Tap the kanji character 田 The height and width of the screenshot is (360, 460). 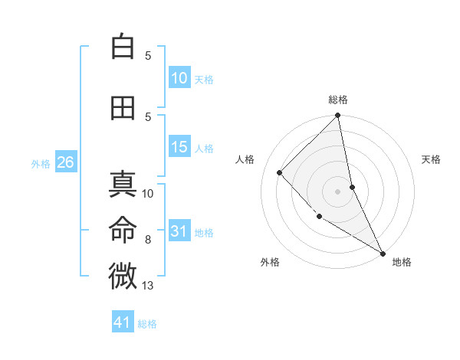click(123, 108)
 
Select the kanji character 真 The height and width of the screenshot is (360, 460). click(123, 185)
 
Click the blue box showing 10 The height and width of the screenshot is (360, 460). click(179, 78)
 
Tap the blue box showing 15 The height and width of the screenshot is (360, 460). click(179, 147)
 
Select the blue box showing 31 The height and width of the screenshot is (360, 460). click(179, 231)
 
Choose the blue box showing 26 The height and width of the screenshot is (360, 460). click(65, 162)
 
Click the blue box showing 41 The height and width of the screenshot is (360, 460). click(123, 322)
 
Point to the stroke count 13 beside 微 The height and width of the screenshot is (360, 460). click(149, 286)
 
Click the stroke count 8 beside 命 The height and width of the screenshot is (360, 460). click(148, 240)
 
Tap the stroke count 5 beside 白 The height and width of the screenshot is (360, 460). click(148, 56)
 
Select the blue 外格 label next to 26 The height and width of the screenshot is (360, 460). click(41, 163)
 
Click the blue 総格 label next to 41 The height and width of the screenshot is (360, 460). click(147, 324)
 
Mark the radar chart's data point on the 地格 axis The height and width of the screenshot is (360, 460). click(383, 253)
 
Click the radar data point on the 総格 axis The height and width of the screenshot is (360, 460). click(338, 116)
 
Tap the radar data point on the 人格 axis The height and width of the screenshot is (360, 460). click(280, 172)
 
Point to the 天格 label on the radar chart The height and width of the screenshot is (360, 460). click(432, 159)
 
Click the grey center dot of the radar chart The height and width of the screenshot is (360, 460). click(338, 191)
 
